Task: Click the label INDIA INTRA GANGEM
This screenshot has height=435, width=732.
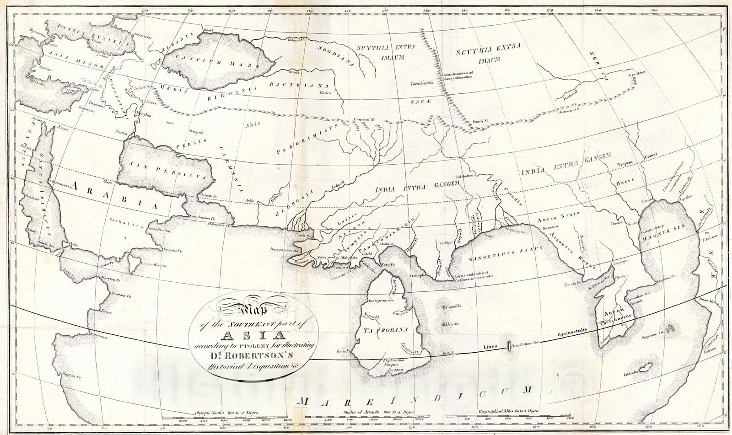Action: pyautogui.click(x=416, y=187)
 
